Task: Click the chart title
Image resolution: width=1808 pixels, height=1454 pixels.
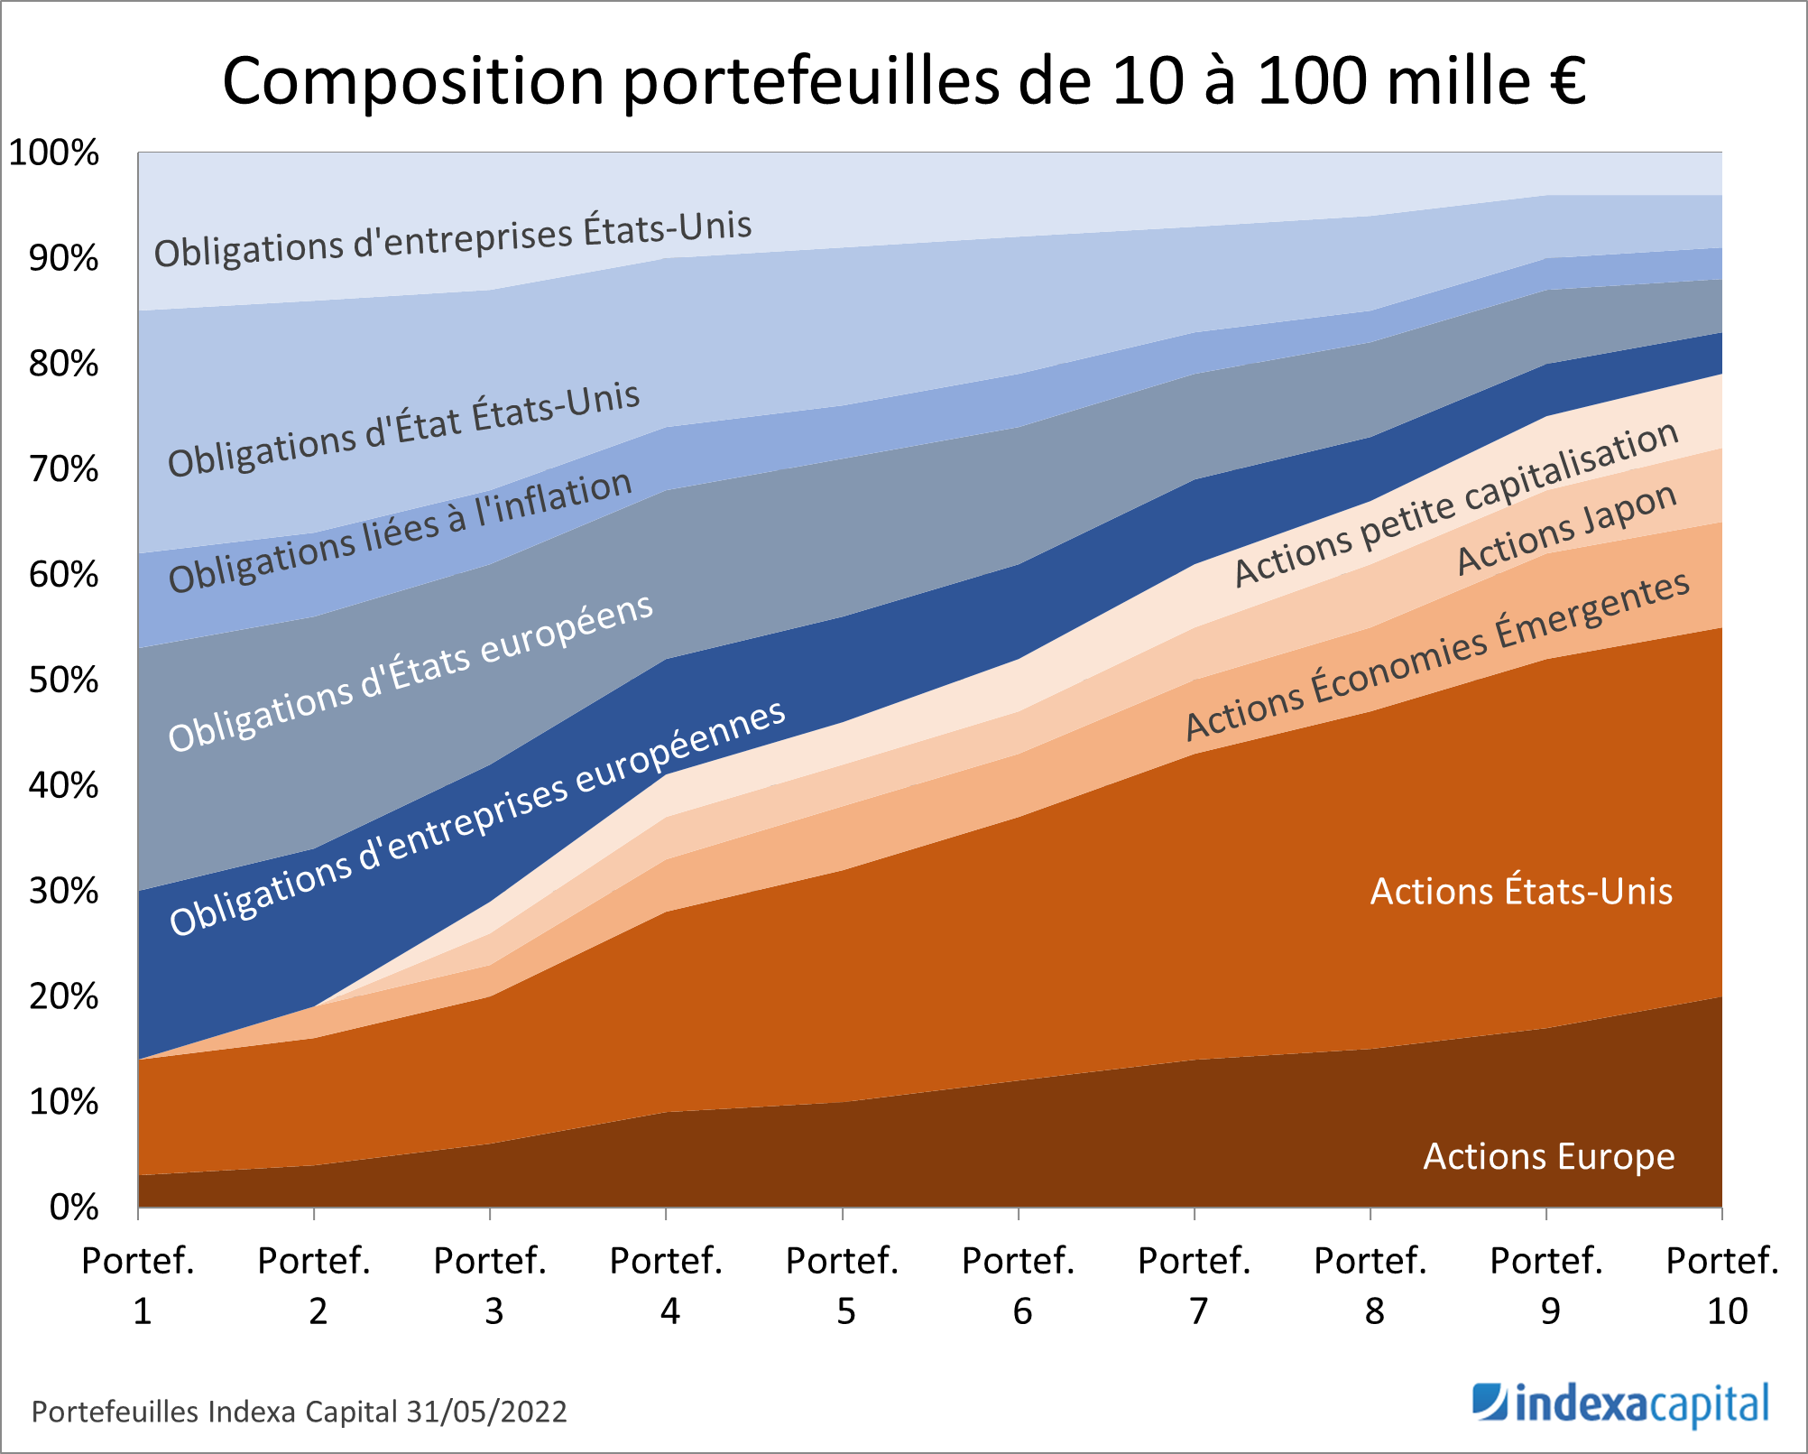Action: [x=904, y=81]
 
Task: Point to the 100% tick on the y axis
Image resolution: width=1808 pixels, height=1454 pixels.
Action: [x=54, y=153]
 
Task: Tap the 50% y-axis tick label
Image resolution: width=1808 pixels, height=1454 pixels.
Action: [x=63, y=681]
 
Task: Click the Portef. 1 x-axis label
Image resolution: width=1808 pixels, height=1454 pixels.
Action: [x=138, y=1285]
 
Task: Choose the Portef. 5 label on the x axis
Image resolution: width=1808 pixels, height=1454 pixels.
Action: [x=843, y=1285]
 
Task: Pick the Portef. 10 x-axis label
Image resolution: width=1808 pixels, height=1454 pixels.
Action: [x=1722, y=1285]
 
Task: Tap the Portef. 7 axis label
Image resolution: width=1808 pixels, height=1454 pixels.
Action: [x=1195, y=1285]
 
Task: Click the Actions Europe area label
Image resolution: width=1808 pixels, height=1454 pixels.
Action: [x=1548, y=1156]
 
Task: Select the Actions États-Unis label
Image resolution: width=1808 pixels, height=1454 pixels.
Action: [x=1521, y=892]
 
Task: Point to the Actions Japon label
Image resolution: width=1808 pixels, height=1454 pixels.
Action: [x=1567, y=529]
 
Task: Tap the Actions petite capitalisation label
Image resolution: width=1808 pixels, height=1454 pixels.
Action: [x=1456, y=505]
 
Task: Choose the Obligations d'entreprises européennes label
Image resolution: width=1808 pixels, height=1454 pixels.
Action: [x=477, y=818]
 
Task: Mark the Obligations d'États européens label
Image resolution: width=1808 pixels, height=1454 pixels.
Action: [x=410, y=672]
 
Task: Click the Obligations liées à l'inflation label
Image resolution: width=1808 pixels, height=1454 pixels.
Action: [x=400, y=532]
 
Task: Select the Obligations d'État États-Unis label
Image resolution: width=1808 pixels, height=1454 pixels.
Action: [x=403, y=429]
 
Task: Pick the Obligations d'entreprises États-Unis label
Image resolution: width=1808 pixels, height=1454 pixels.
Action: [x=453, y=239]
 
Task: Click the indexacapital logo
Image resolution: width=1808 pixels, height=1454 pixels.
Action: [x=1620, y=1405]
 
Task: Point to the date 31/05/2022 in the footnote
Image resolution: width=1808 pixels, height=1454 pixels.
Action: [x=486, y=1412]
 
